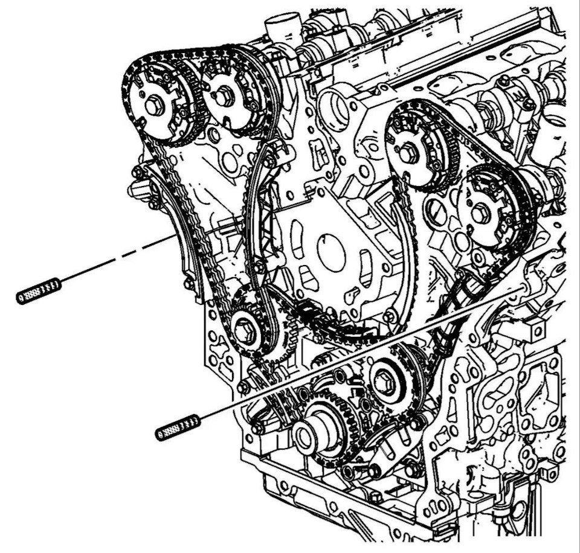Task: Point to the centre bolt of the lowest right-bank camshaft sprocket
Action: pyautogui.click(x=482, y=213)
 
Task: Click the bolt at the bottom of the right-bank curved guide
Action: pyautogui.click(x=390, y=315)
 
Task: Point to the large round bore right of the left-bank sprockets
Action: pyautogui.click(x=337, y=107)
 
